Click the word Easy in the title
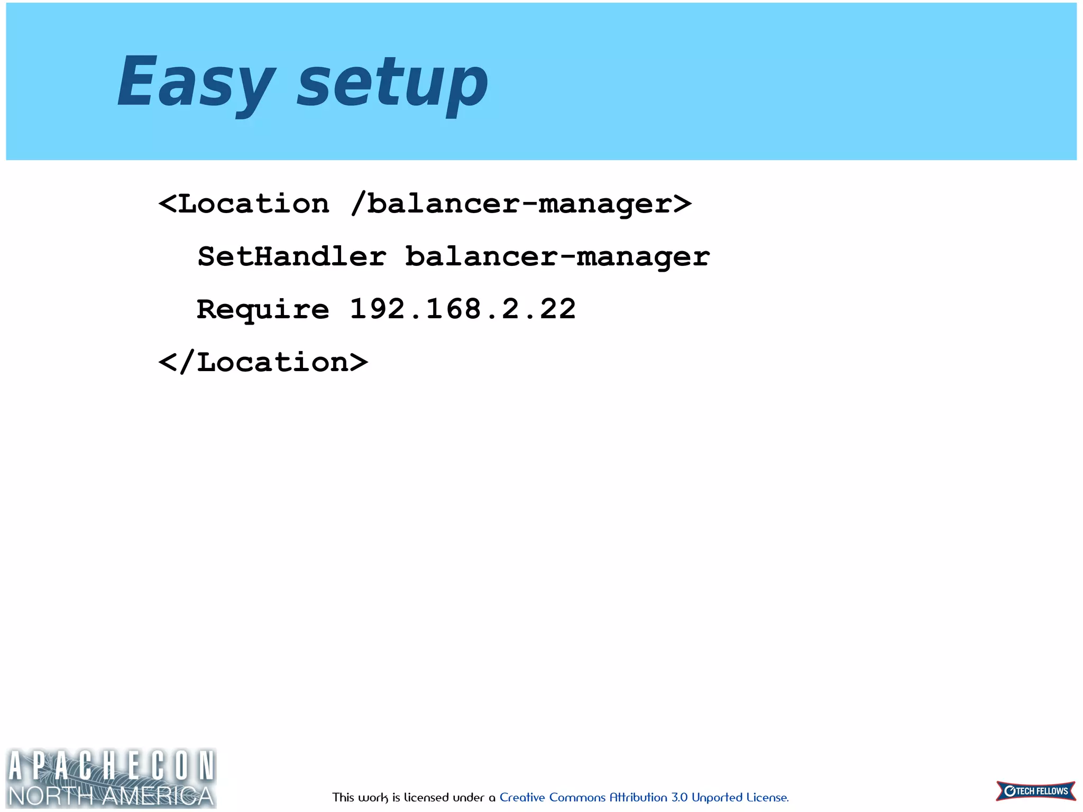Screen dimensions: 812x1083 click(196, 82)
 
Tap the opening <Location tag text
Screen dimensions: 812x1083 click(244, 204)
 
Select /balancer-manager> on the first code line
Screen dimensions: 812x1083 click(521, 204)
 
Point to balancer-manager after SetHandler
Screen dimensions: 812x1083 click(557, 257)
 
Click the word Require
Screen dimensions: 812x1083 click(263, 309)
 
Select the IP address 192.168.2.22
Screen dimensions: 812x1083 click(463, 309)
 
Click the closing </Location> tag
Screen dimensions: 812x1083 click(263, 362)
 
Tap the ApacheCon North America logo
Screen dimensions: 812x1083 click(111, 778)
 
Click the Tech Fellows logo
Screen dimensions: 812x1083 click(1035, 791)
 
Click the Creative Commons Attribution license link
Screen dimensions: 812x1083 click(644, 797)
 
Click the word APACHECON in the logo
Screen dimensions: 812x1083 click(111, 765)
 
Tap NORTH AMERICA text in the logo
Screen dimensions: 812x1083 click(111, 796)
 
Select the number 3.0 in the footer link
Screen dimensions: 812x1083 click(679, 797)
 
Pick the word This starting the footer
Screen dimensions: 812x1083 click(343, 797)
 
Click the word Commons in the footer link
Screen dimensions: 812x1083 click(577, 797)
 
